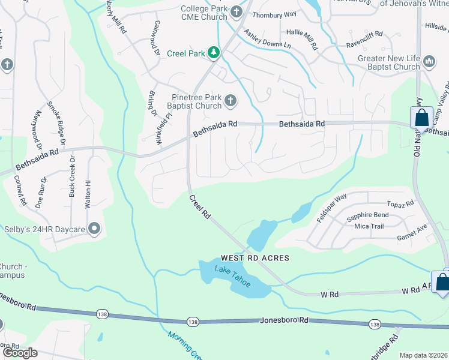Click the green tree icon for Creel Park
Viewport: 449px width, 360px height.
pos(213,53)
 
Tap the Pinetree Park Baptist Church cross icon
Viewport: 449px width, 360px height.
pos(230,101)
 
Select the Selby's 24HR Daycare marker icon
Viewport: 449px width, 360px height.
pos(94,228)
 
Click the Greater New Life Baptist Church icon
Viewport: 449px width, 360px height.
pos(429,62)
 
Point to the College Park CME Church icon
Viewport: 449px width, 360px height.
pos(237,11)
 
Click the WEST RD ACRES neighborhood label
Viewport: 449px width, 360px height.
pos(255,257)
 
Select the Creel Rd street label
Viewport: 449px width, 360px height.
pos(200,206)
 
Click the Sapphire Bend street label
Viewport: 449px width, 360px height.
pos(367,215)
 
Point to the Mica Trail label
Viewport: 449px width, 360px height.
pos(369,226)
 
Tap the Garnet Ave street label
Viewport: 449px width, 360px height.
pos(411,232)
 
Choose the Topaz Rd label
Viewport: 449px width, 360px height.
pos(400,204)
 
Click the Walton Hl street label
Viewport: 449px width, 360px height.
pos(88,190)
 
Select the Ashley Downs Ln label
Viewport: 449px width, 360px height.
pos(271,45)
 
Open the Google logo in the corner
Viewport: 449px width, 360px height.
pos(20,352)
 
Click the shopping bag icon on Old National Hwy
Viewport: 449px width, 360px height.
pos(421,117)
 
